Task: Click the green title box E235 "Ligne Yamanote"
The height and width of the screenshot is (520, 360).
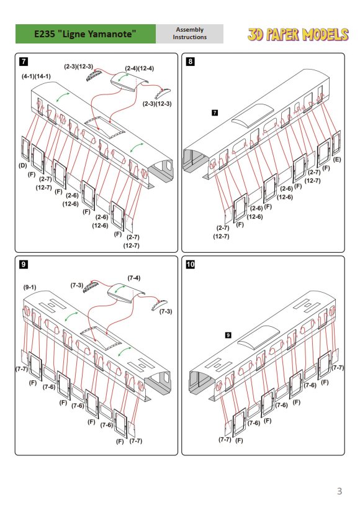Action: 86,34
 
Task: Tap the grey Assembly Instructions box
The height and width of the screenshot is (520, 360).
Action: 189,34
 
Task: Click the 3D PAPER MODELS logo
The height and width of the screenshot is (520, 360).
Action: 298,35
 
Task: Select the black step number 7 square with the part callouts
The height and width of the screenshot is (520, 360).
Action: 24,62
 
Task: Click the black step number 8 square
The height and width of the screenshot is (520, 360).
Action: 190,62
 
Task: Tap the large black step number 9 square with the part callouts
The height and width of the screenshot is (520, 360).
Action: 24,264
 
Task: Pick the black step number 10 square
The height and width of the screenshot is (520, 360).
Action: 191,264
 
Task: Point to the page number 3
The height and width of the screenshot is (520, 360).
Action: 339,491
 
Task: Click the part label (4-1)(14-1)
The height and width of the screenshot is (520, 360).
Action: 36,76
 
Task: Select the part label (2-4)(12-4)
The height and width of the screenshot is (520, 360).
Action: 140,68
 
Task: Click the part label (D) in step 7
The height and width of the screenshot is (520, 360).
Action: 22,165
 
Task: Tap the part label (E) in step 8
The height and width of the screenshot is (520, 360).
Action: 337,160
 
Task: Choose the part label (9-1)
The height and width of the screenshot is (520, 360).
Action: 30,287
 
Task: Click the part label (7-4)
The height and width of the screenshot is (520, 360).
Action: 134,278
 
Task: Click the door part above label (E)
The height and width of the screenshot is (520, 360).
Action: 336,143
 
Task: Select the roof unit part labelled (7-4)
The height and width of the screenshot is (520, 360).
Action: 126,293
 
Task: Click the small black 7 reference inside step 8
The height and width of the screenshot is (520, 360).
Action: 215,112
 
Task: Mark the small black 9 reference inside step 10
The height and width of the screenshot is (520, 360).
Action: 228,335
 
